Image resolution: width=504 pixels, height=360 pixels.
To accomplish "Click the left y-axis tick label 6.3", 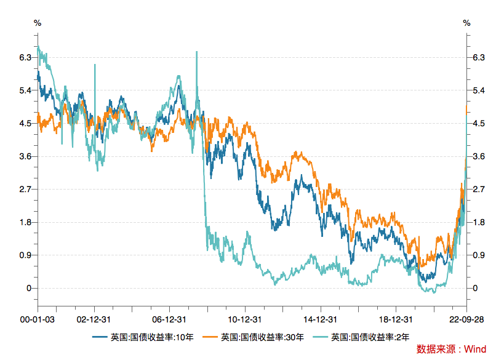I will pos(25,57).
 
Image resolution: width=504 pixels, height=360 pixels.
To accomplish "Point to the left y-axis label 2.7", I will pos(25,189).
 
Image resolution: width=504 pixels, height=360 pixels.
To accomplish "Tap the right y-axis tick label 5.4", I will pos(478,90).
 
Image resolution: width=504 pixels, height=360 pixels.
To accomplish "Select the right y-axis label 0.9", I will pos(478,255).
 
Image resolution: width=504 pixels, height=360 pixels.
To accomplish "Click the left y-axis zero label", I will pos(28,288).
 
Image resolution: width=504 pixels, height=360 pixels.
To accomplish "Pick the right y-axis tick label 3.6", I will pos(478,156).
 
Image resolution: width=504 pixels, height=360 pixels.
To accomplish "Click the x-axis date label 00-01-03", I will pos(37,319).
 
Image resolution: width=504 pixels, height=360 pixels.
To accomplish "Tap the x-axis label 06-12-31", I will pos(169,319).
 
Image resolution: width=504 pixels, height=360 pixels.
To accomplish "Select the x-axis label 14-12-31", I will pos(319,319).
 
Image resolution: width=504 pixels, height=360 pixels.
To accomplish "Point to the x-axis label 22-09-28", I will pos(465,319).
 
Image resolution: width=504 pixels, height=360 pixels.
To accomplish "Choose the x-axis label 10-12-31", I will pos(244,319).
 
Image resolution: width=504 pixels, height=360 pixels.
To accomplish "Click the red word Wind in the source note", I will pos(474,349).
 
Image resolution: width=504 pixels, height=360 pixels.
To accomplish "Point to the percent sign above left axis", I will pos(38,23).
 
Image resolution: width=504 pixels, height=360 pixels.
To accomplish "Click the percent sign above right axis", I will pos(466,23).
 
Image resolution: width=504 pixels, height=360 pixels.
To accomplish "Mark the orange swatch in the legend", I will pos(210,337).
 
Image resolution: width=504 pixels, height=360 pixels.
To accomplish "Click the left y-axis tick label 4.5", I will pos(25,123).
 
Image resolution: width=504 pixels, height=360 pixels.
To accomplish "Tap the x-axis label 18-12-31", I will pos(394,319).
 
